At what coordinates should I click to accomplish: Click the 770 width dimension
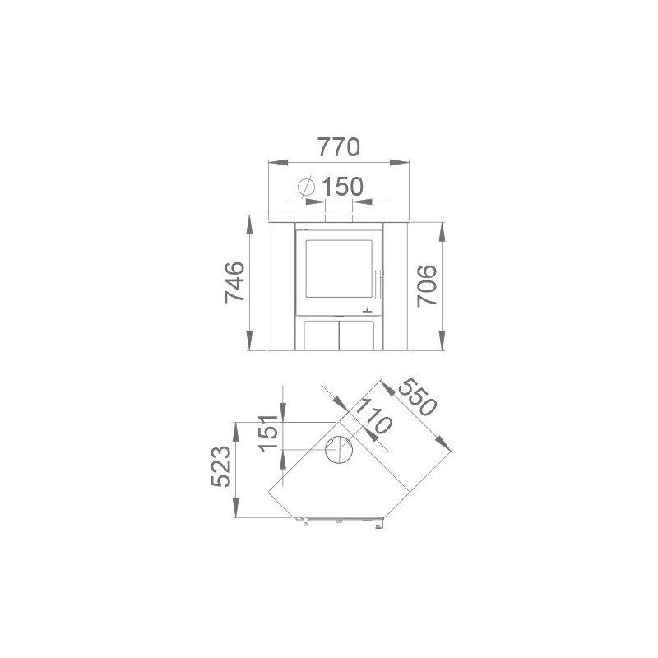point(339,147)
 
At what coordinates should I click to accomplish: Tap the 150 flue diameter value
point(342,187)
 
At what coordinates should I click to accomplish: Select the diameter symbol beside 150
point(306,187)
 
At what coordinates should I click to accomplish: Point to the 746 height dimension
point(234,282)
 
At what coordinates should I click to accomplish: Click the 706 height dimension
point(427,285)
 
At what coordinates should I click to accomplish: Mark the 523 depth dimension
point(220,466)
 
